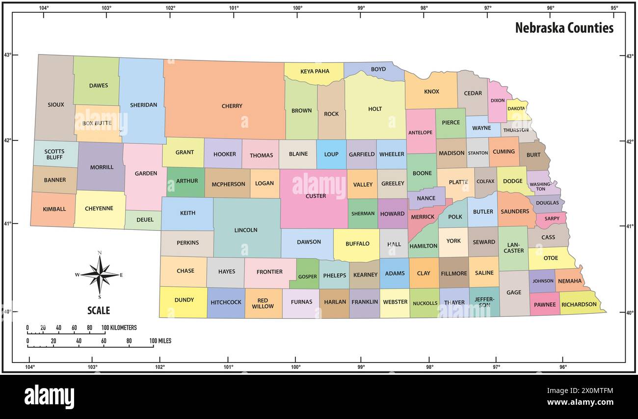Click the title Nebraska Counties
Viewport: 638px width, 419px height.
(564, 28)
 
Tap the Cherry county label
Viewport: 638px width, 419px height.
(232, 106)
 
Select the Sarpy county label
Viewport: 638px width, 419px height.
(552, 219)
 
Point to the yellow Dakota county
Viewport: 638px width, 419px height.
(516, 109)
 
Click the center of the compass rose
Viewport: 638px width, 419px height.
(100, 275)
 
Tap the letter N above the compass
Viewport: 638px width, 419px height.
(100, 253)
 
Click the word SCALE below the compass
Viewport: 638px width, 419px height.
(99, 310)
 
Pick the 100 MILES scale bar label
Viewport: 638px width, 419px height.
(160, 340)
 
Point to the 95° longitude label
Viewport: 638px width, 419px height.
(614, 7)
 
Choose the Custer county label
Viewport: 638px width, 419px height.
(316, 196)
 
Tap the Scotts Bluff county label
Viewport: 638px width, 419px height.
(54, 154)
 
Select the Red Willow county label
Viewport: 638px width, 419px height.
(263, 304)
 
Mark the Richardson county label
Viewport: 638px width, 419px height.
(579, 304)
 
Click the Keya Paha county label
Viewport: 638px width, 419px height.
(315, 71)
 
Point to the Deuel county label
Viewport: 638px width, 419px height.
(145, 220)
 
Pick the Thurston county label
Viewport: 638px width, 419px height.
(516, 130)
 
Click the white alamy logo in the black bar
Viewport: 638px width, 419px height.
(49, 396)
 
